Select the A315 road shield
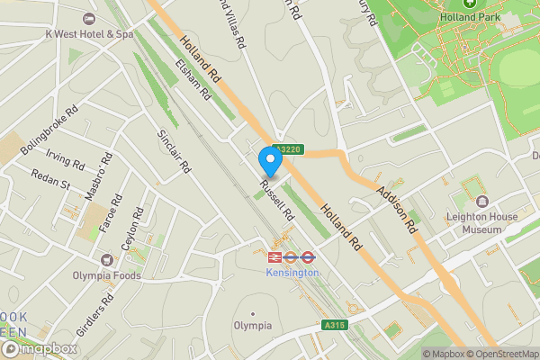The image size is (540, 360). pos(332,324)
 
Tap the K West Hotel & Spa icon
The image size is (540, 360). pos(88,19)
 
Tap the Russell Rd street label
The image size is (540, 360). pos(277,201)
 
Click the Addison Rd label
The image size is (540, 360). pos(398,208)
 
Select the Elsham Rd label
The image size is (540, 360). pos(193,78)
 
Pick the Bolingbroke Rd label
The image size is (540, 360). pos(49,130)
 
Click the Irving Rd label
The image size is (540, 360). pos(65,159)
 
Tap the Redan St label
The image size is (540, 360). pos(49,178)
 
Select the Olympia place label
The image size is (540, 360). pos(253,325)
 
